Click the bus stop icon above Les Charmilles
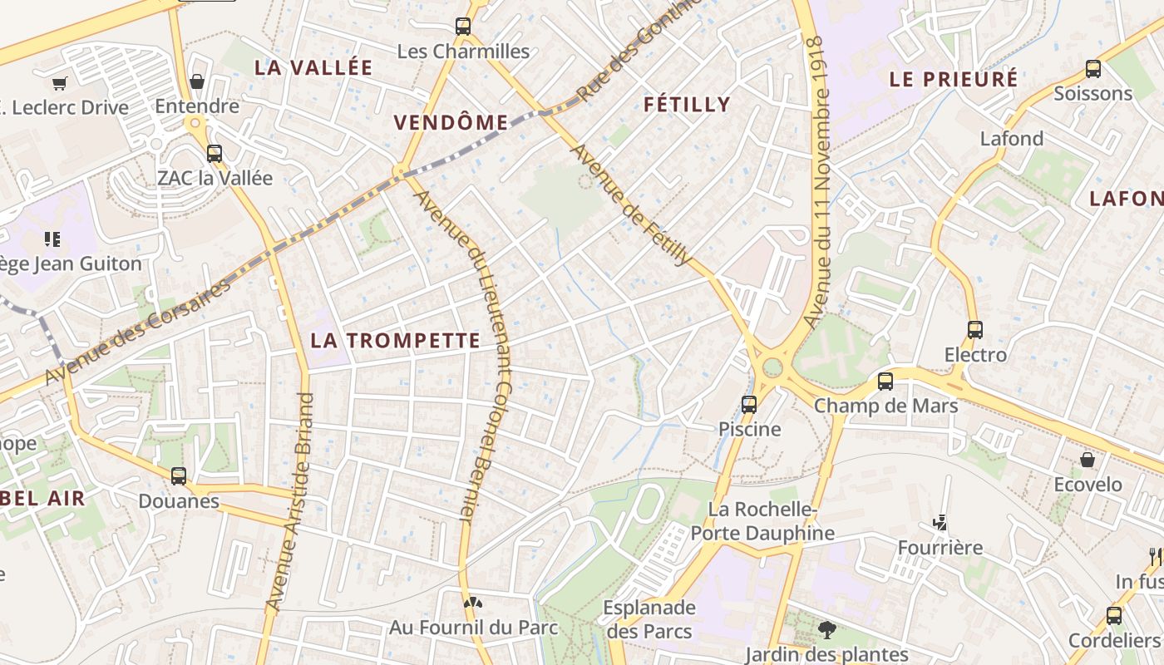pos(463,27)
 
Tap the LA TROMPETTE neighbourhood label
pos(395,340)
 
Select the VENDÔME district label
pos(451,123)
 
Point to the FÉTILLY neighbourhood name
pos(687,104)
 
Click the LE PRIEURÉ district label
pos(954,79)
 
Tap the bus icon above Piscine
pos(749,405)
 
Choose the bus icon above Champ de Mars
pos(885,382)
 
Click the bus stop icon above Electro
pos(975,330)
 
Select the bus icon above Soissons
pos(1093,69)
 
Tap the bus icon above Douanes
pos(179,476)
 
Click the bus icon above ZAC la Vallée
pos(215,154)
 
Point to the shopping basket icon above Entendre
pos(197,81)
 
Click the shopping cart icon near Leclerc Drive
pos(59,83)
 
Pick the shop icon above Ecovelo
pos(1088,460)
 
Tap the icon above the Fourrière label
pos(940,523)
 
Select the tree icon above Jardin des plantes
pos(826,629)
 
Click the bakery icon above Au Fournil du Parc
pos(473,602)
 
